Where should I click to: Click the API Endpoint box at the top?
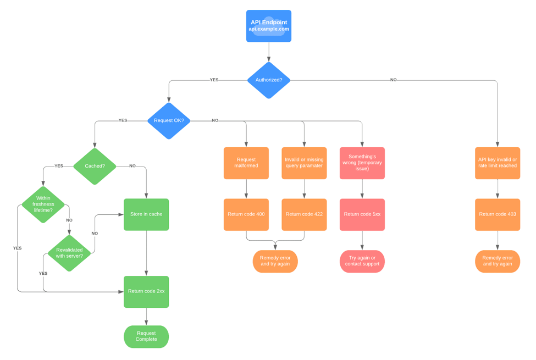click(268, 26)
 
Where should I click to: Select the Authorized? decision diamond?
click(268, 80)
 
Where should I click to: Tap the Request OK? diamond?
click(169, 120)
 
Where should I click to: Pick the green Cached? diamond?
click(95, 166)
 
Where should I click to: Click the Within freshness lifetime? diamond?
click(43, 204)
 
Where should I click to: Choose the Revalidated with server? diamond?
click(69, 253)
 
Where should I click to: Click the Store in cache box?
click(146, 214)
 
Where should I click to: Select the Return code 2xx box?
click(146, 291)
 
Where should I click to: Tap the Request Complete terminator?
click(146, 336)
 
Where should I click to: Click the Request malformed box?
click(246, 163)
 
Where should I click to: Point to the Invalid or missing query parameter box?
click(304, 163)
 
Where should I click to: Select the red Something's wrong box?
click(362, 163)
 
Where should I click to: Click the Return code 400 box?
click(246, 214)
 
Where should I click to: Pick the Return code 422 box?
click(304, 214)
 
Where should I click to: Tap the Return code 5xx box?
click(362, 214)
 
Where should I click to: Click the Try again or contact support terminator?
click(362, 261)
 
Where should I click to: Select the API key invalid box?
click(498, 163)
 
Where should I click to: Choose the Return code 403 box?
click(498, 214)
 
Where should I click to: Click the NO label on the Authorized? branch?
click(393, 80)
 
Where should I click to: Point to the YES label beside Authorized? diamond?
click(214, 80)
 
